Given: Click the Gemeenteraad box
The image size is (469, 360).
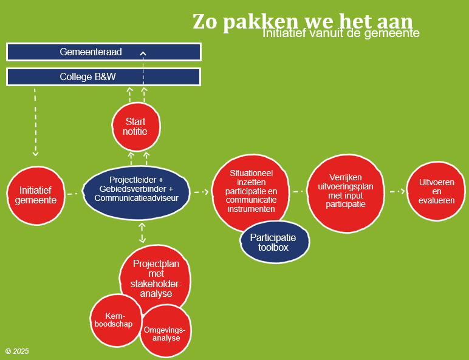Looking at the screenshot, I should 103,52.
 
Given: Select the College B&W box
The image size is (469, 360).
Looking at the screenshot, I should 103,77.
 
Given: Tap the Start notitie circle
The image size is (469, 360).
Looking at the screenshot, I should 135,127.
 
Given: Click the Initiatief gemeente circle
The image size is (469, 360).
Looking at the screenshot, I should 36,195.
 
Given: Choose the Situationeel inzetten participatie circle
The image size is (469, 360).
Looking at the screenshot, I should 252,191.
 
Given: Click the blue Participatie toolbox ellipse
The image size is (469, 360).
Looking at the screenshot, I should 275,242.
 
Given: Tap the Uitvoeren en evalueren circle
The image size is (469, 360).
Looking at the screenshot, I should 436,191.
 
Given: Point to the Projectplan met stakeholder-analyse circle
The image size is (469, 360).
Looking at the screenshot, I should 153,278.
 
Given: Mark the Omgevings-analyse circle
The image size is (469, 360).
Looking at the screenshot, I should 165,334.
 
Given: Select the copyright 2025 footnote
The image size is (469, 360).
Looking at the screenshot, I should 17,352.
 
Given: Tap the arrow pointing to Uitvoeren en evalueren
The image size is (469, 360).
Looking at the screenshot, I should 397,191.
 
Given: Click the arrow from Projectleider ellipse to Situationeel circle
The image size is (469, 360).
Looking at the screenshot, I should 201,192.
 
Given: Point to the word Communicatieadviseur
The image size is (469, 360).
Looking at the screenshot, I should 136,198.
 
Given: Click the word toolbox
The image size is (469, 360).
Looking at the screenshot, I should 273,248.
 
